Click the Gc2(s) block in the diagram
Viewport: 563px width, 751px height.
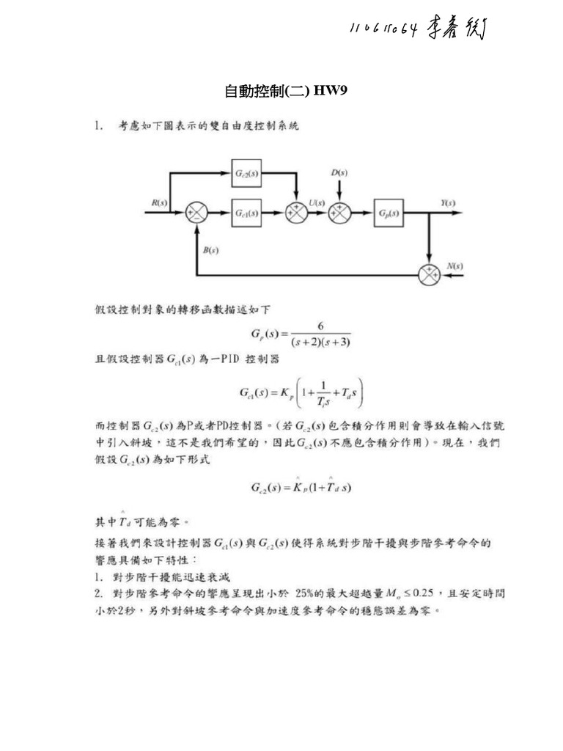coord(246,173)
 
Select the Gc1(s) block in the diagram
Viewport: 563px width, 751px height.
coord(246,213)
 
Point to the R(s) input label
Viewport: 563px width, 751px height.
coord(159,202)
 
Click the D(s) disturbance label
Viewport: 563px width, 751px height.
coord(339,172)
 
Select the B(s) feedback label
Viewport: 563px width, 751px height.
coord(210,250)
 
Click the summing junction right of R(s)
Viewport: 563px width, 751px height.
coord(197,213)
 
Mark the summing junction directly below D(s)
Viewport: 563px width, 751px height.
coord(339,213)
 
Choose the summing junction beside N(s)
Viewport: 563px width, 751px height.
coord(428,274)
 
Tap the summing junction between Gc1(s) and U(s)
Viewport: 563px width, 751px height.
coord(296,213)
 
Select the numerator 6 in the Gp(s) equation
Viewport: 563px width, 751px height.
coord(320,326)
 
